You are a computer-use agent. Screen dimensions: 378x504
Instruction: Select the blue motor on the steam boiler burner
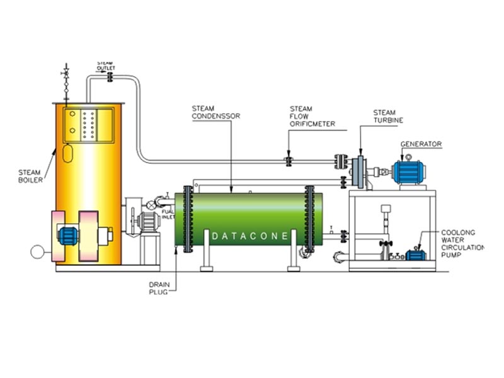pyautogui.click(x=67, y=235)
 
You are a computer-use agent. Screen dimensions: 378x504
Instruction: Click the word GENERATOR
pyautogui.click(x=421, y=144)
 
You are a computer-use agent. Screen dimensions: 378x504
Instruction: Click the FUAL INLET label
pyautogui.click(x=168, y=214)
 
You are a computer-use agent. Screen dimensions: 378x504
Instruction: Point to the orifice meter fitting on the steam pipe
pyautogui.click(x=289, y=161)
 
